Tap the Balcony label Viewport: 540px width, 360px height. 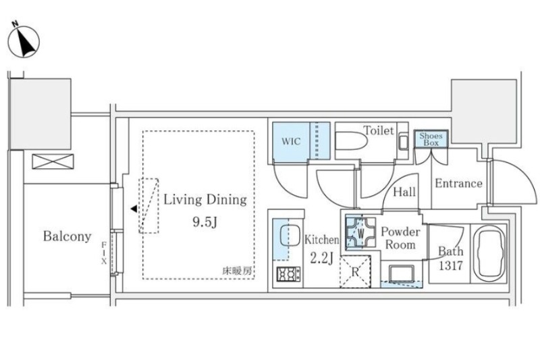67,236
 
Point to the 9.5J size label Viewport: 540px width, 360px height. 205,222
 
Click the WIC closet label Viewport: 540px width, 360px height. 291,141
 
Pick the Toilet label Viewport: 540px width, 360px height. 378,130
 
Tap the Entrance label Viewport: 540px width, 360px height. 458,184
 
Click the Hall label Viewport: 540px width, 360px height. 404,192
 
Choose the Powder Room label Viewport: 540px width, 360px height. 400,238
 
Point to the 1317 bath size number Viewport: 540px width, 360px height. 450,266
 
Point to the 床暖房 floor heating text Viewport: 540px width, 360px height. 237,271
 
